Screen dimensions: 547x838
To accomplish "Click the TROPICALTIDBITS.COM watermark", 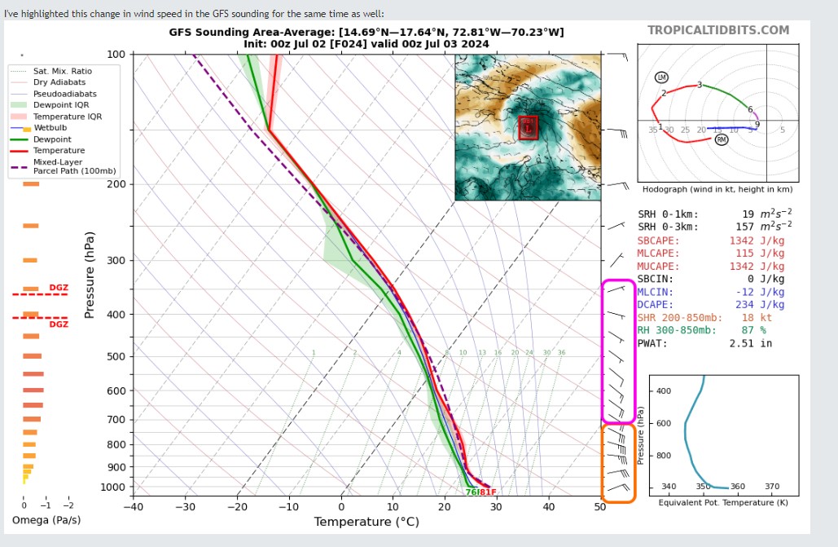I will pyautogui.click(x=718, y=30).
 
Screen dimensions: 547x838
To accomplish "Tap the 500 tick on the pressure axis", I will pyautogui.click(x=116, y=356).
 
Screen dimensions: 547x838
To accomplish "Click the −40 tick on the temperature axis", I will pyautogui.click(x=133, y=507).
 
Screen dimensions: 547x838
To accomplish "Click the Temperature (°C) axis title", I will pyautogui.click(x=366, y=522).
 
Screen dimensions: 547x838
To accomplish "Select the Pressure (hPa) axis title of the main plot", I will pyautogui.click(x=90, y=275).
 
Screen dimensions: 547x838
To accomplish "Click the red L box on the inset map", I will pyautogui.click(x=529, y=127).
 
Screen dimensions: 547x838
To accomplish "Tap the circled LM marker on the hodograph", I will pyautogui.click(x=661, y=77).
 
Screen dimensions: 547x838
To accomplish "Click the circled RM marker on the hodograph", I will pyautogui.click(x=722, y=139).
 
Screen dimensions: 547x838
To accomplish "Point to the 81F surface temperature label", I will pyautogui.click(x=487, y=492).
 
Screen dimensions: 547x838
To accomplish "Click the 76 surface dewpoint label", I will pyautogui.click(x=471, y=492).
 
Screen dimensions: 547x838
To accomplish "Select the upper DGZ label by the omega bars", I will pyautogui.click(x=59, y=287).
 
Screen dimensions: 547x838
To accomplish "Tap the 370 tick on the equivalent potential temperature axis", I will pyautogui.click(x=772, y=487).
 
